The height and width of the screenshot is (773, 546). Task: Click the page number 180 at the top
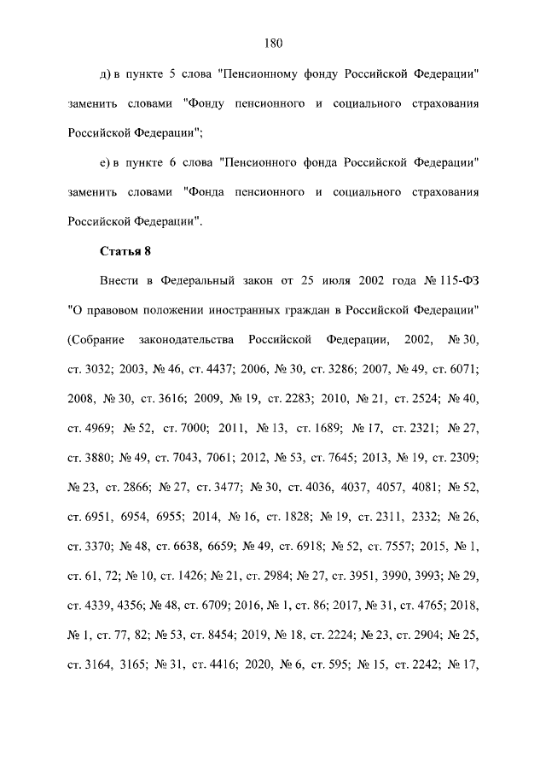tap(273, 44)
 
